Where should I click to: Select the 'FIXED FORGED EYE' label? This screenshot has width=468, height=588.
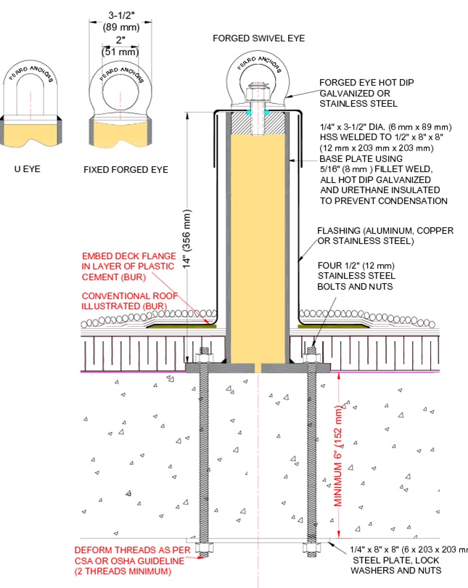pyautogui.click(x=125, y=169)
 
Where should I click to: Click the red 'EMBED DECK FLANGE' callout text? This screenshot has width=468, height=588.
pyautogui.click(x=129, y=256)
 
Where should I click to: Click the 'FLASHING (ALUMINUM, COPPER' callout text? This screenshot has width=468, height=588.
pyautogui.click(x=385, y=231)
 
